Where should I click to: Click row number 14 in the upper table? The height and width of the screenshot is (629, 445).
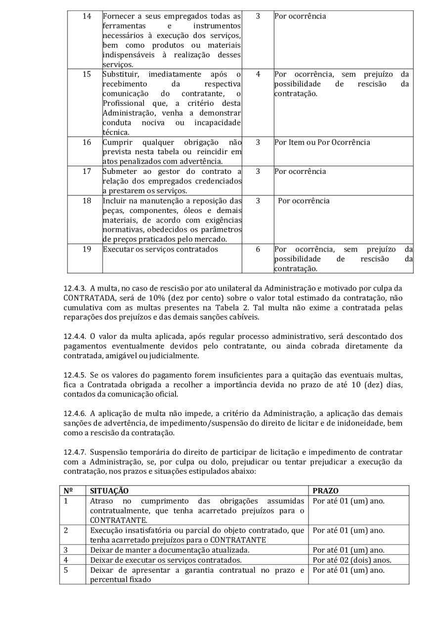pyautogui.click(x=87, y=16)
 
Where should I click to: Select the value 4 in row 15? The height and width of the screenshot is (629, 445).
pyautogui.click(x=258, y=75)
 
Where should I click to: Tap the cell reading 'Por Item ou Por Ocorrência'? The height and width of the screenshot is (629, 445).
pyautogui.click(x=322, y=142)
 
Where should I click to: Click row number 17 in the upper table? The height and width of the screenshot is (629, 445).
pyautogui.click(x=87, y=171)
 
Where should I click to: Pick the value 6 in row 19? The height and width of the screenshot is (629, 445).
pyautogui.click(x=258, y=249)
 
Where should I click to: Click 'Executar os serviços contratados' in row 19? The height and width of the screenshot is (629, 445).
pyautogui.click(x=160, y=249)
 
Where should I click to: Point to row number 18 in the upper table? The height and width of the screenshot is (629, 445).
pyautogui.click(x=87, y=201)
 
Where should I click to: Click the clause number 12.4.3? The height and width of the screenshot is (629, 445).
pyautogui.click(x=75, y=288)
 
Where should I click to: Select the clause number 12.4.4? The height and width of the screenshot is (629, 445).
pyautogui.click(x=75, y=336)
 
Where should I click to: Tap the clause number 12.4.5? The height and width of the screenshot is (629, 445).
pyautogui.click(x=75, y=375)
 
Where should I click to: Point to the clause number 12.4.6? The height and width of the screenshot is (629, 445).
pyautogui.click(x=75, y=414)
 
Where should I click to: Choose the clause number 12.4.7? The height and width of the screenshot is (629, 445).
pyautogui.click(x=75, y=452)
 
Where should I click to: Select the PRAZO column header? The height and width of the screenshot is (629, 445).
pyautogui.click(x=326, y=491)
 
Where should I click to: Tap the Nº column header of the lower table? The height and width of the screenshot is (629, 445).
pyautogui.click(x=68, y=491)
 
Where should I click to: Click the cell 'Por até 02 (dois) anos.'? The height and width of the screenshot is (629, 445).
pyautogui.click(x=352, y=560)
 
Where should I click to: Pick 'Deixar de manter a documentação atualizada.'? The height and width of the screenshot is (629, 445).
pyautogui.click(x=170, y=550)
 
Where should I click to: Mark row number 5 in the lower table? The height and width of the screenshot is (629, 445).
pyautogui.click(x=66, y=570)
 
